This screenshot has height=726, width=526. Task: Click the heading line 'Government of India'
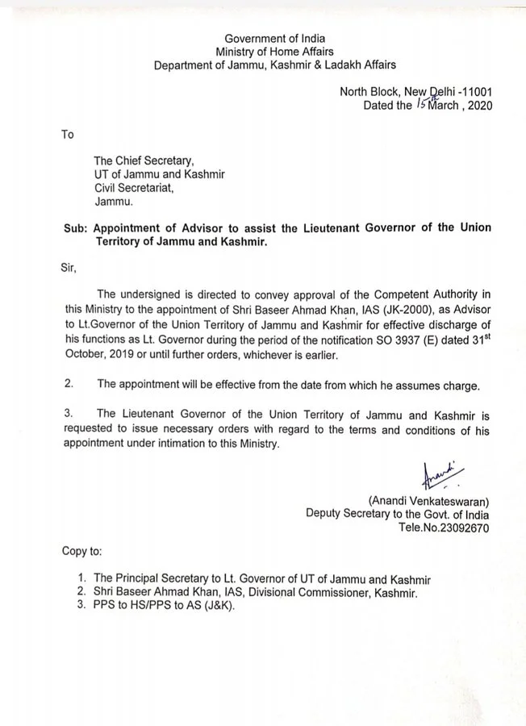click(x=274, y=38)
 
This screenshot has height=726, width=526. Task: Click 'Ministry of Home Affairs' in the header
click(x=274, y=52)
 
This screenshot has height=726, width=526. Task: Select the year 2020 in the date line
click(x=477, y=106)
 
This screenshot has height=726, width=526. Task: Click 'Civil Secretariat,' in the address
click(x=132, y=188)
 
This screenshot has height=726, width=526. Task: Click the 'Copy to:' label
click(x=82, y=552)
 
